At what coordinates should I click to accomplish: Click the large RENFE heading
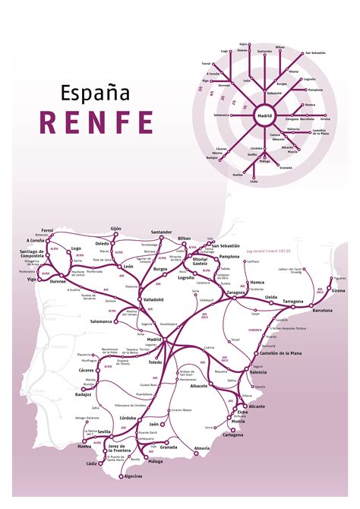(97, 122)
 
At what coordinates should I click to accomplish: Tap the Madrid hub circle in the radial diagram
(265, 117)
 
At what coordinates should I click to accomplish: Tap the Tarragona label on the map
(294, 302)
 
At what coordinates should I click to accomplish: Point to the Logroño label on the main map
(187, 279)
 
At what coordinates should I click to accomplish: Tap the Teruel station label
(236, 339)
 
